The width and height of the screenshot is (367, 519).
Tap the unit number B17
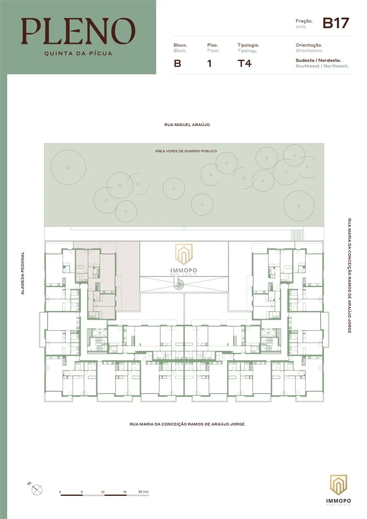[336, 23]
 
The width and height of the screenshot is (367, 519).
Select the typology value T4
[244, 63]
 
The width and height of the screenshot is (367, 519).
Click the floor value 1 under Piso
[209, 63]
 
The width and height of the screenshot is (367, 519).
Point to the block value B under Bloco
[177, 63]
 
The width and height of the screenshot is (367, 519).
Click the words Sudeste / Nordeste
[318, 60]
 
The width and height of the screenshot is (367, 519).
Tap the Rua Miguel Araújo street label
[187, 125]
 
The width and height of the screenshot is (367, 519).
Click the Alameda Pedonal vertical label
[23, 273]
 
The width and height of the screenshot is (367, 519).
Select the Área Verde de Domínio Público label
[186, 151]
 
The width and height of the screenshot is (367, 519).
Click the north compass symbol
[37, 490]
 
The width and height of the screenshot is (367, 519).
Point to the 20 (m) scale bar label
[143, 492]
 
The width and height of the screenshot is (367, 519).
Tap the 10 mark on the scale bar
[102, 492]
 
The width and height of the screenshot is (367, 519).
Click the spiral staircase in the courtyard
[179, 284]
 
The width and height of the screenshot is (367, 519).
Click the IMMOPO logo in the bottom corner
[338, 490]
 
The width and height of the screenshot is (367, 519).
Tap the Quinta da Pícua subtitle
[78, 53]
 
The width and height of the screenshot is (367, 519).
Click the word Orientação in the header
[309, 45]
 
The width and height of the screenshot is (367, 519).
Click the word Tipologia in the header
[248, 45]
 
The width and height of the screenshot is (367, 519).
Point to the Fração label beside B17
[304, 21]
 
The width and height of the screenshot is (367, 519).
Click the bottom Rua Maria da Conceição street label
[187, 424]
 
